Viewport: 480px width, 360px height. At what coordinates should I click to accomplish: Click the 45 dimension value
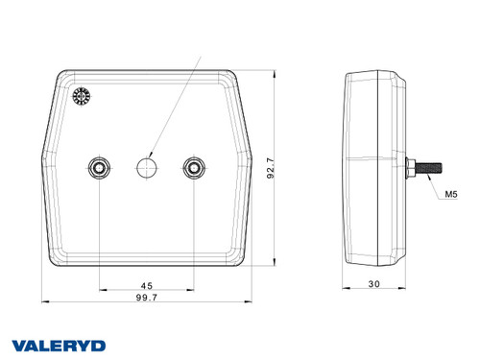(147, 284)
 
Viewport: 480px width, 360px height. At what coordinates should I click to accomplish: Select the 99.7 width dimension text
(147, 300)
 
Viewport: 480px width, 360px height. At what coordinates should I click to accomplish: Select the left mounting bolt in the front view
(99, 168)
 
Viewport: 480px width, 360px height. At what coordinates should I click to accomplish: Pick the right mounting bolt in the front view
(195, 168)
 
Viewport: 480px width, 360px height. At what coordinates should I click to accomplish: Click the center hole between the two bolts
(147, 168)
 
